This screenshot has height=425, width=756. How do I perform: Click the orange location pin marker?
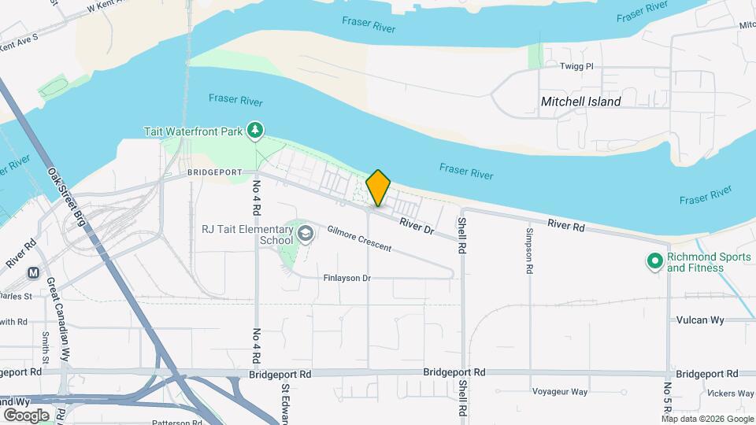(378, 188)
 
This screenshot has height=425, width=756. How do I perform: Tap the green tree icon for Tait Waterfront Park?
(254, 131)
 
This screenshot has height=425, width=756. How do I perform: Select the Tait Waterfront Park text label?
(193, 131)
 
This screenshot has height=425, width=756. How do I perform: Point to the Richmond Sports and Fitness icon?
(654, 261)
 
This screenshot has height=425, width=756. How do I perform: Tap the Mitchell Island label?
(581, 102)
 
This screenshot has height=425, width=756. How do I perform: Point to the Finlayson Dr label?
(346, 279)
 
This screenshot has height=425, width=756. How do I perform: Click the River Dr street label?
(417, 225)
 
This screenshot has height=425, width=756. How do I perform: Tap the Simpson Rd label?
(528, 250)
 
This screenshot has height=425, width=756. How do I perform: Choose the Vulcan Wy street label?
(700, 320)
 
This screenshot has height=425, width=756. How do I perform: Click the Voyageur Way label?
(560, 392)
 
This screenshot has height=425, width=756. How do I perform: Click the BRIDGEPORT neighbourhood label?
(212, 172)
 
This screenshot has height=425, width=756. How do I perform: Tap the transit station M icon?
(34, 273)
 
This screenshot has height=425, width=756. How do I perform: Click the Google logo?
(26, 415)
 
